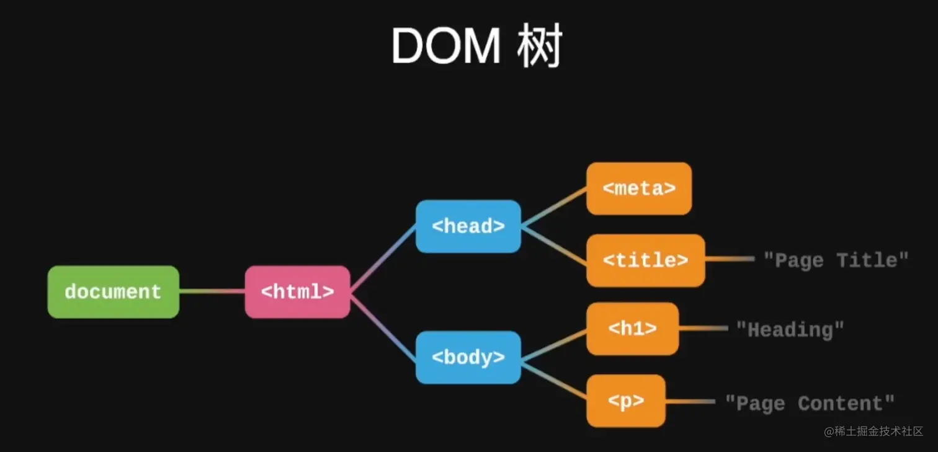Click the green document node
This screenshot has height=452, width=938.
click(113, 292)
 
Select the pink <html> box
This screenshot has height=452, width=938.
click(297, 292)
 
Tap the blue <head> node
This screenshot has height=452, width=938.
click(468, 226)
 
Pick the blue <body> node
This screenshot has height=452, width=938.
click(468, 358)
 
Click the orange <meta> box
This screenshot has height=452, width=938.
click(638, 188)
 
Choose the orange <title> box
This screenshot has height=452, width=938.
click(645, 260)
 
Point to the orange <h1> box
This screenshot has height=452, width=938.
click(632, 329)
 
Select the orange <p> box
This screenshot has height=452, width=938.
click(625, 401)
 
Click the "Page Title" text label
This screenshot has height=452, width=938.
click(836, 260)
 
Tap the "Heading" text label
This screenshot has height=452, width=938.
click(790, 329)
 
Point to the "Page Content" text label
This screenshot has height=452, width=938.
click(810, 404)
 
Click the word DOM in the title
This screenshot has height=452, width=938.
click(445, 47)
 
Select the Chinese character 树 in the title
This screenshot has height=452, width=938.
click(538, 47)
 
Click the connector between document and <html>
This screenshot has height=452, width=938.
click(212, 291)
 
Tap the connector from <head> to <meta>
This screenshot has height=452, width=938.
click(554, 207)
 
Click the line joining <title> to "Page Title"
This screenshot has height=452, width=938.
click(730, 259)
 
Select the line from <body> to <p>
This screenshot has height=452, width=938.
click(554, 380)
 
